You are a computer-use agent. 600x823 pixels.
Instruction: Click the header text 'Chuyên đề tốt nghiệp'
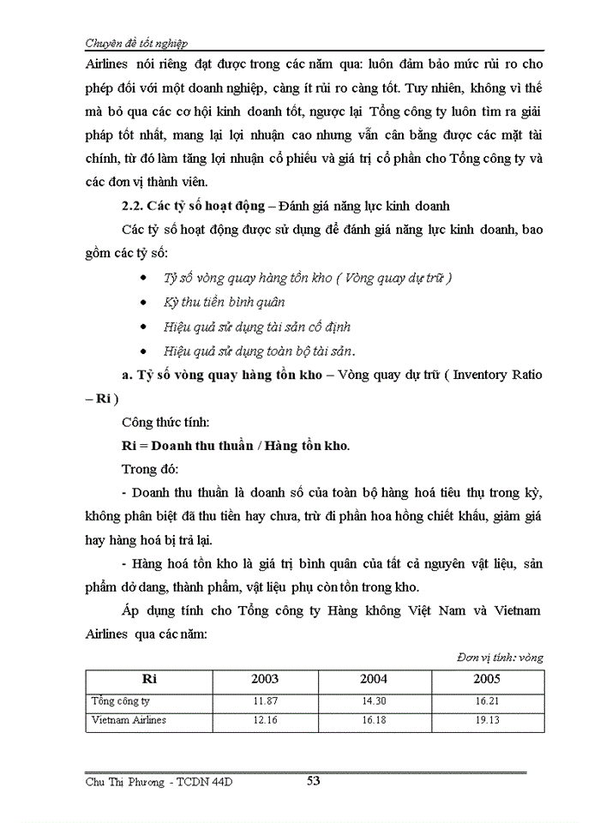137,42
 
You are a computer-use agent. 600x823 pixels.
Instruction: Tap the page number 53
314,780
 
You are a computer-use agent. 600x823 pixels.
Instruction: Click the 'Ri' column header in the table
148,678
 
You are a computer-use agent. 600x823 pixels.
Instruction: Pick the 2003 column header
264,678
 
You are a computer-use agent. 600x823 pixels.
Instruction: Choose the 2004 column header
373,678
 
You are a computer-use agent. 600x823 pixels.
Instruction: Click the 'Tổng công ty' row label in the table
121,700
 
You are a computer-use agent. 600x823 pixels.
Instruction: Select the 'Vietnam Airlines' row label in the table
129,719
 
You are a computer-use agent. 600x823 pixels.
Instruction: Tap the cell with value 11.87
265,700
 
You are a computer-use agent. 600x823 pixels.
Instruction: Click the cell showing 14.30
375,700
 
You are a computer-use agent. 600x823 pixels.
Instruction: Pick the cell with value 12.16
265,719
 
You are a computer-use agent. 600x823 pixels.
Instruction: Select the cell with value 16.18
375,719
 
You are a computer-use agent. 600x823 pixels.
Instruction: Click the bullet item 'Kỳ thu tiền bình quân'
225,302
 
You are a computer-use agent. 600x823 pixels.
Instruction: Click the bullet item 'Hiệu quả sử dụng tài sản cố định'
256,327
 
